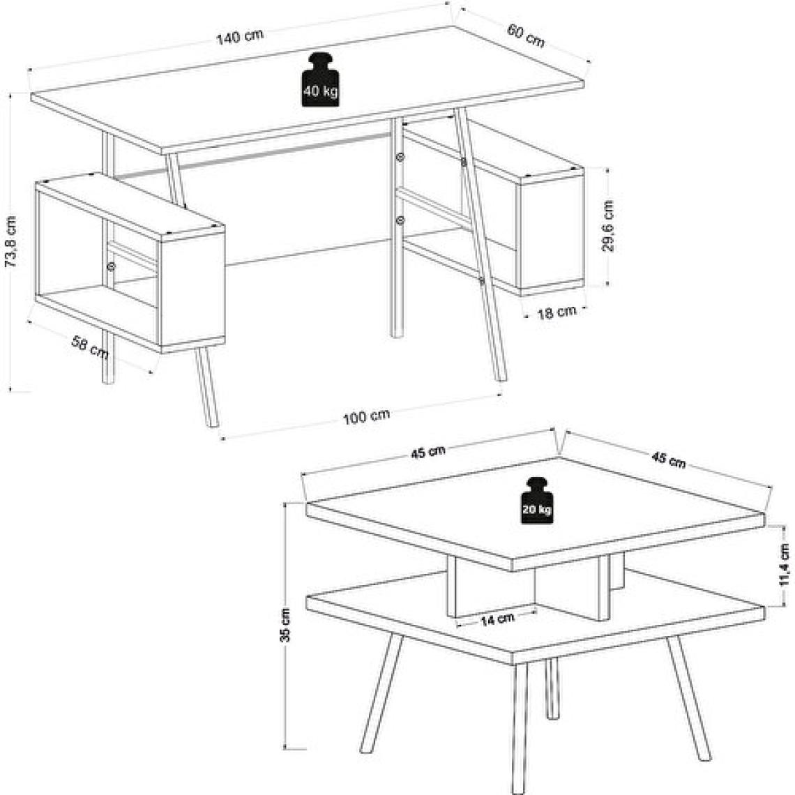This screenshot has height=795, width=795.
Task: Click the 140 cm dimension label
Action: point(241,36)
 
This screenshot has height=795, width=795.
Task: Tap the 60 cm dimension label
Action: point(526,36)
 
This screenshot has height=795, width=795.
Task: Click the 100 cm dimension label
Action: point(366,417)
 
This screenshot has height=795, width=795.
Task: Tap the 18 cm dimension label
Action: point(556,312)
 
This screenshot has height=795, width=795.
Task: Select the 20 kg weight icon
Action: point(537,501)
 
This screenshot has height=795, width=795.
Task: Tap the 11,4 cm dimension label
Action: point(785,564)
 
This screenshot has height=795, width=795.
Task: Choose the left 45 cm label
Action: point(428,451)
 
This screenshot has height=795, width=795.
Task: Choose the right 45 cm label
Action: point(668,460)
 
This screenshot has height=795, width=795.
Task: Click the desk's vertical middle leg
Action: point(397,227)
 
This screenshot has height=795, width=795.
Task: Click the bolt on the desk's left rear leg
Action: point(110,266)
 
